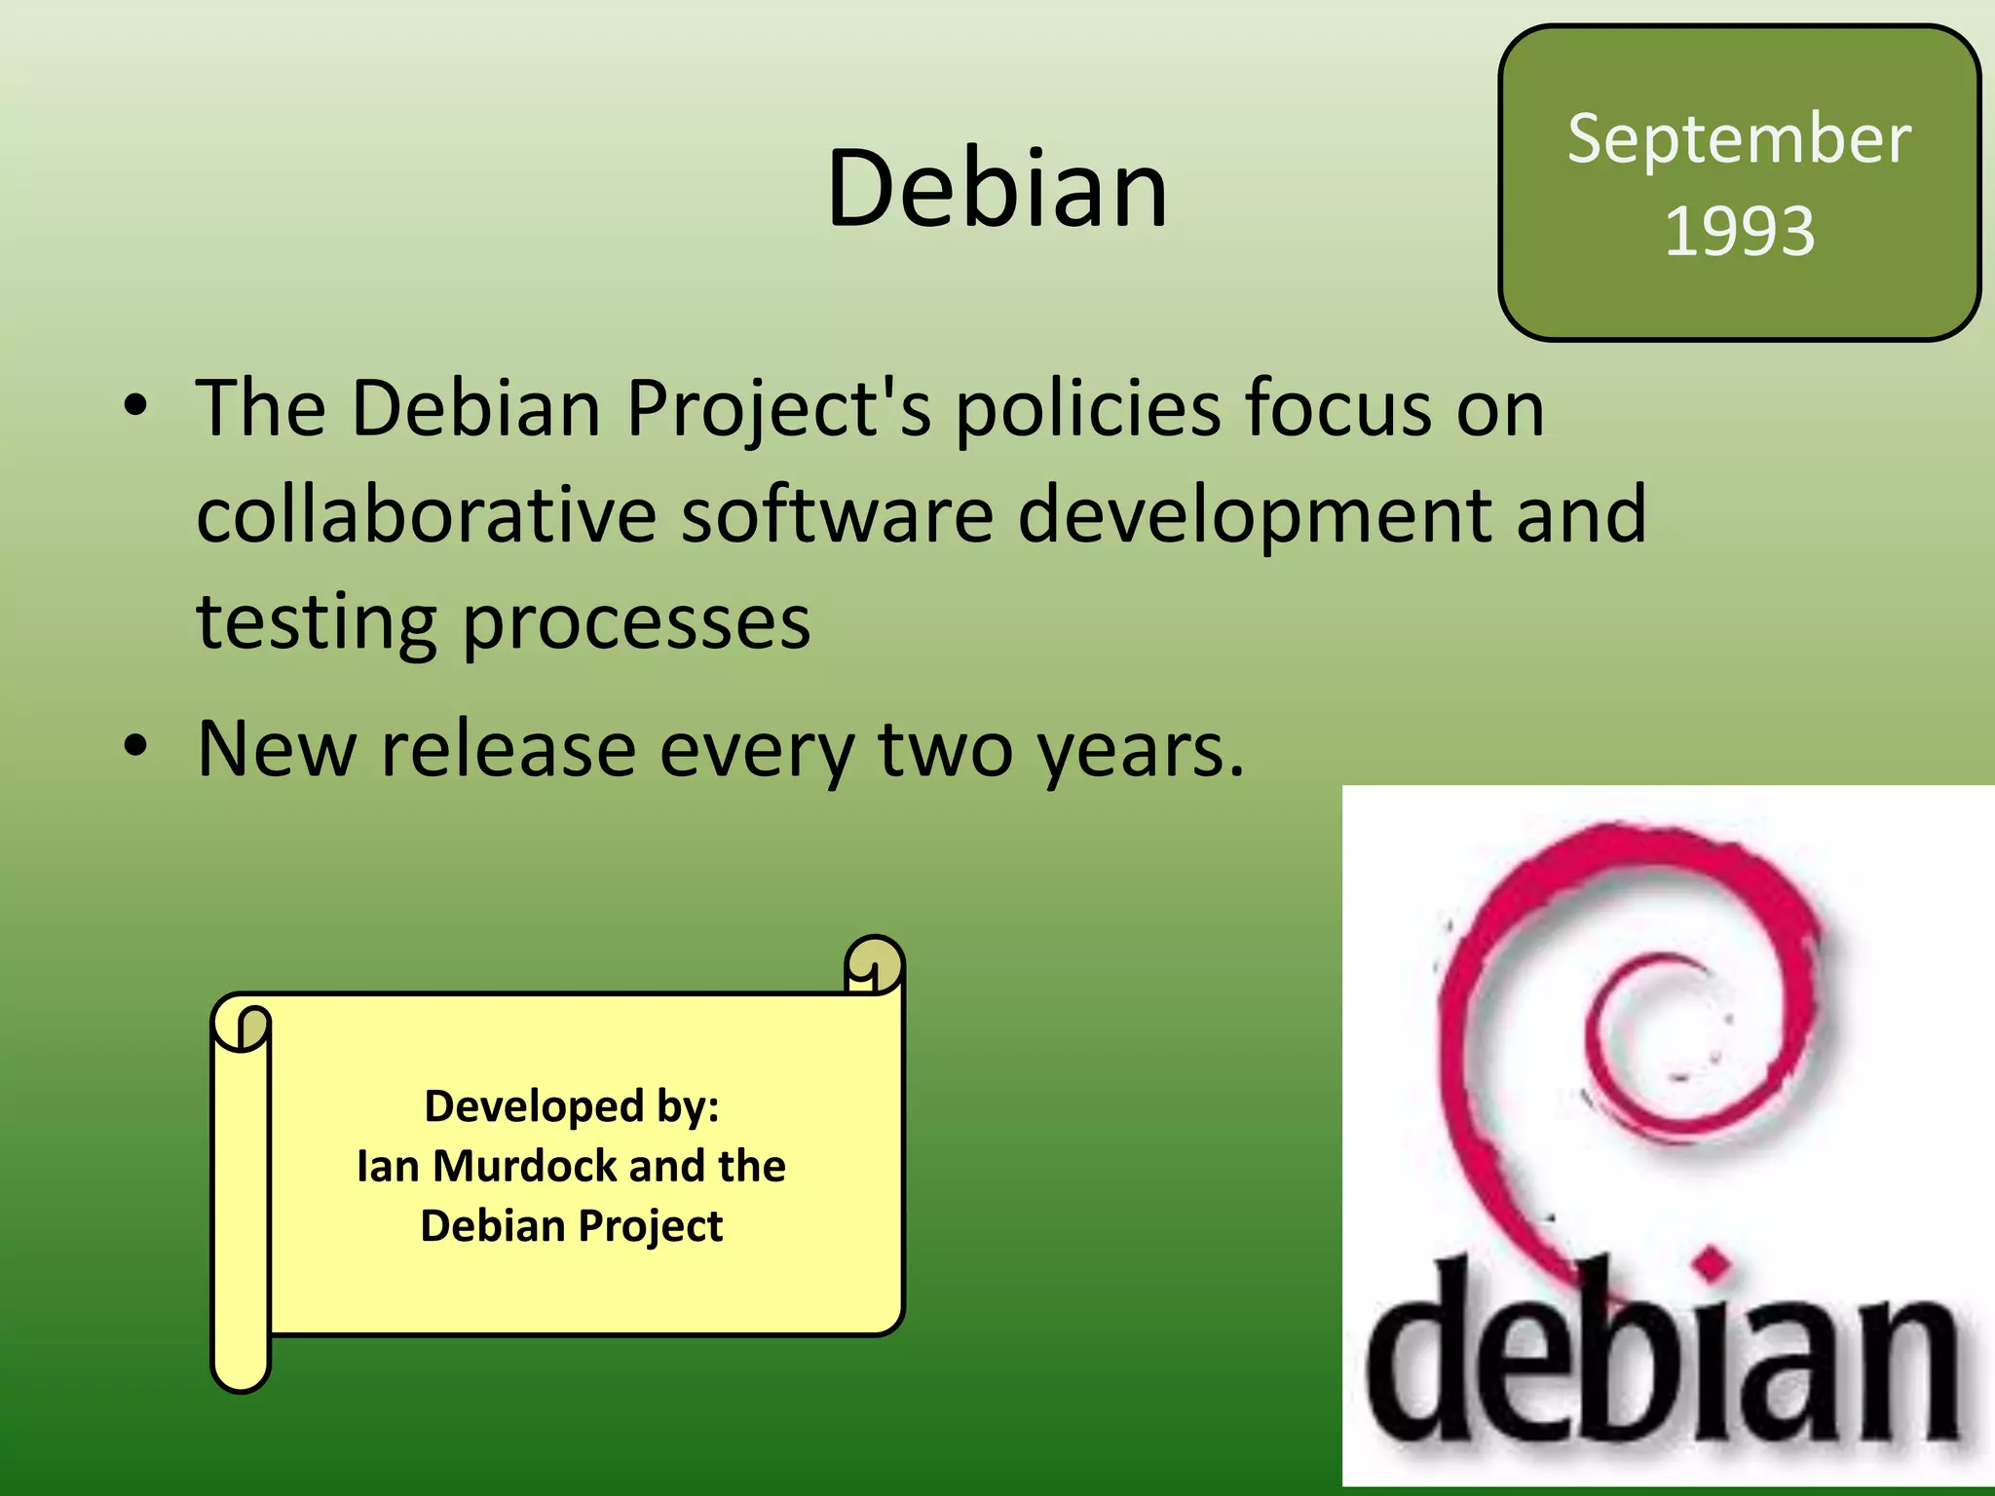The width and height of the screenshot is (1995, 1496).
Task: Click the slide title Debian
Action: coord(997,188)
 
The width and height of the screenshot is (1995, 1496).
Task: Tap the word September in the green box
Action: coord(1739,138)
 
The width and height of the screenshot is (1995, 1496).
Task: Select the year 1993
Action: coord(1739,231)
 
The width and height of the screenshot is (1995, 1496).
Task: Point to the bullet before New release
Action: coord(135,747)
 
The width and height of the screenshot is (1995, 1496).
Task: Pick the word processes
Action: coord(636,623)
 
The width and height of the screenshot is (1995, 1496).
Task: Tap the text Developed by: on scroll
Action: coord(572,1106)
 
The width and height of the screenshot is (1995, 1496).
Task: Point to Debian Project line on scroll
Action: coord(572,1225)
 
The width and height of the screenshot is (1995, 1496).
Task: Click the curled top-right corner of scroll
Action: coord(874,964)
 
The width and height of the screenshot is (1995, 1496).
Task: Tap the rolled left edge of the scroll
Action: coord(241,1198)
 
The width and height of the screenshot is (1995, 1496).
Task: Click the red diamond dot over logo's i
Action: coord(1712,1264)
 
